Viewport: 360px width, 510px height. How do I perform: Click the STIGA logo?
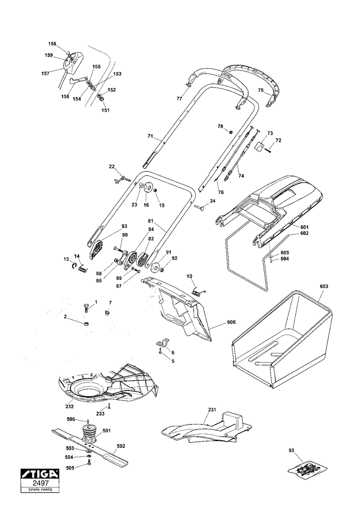pyautogui.click(x=40, y=474)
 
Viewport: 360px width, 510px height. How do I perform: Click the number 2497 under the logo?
pyautogui.click(x=40, y=483)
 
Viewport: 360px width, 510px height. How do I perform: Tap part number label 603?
pyautogui.click(x=324, y=287)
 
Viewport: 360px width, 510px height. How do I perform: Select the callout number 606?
pyautogui.click(x=231, y=322)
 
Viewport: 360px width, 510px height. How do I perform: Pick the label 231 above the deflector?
pyautogui.click(x=212, y=410)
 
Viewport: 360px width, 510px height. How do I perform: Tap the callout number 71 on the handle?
pyautogui.click(x=150, y=136)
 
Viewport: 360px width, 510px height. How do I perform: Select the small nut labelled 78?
pyautogui.click(x=230, y=132)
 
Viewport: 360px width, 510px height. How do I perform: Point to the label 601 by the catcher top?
pyautogui.click(x=304, y=227)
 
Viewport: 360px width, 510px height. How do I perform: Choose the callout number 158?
pyautogui.click(x=52, y=44)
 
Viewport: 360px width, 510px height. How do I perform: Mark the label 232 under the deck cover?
pyautogui.click(x=69, y=406)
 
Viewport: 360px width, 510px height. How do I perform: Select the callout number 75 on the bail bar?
pyautogui.click(x=261, y=90)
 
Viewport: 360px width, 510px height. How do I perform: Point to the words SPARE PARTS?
pyautogui.click(x=40, y=490)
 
